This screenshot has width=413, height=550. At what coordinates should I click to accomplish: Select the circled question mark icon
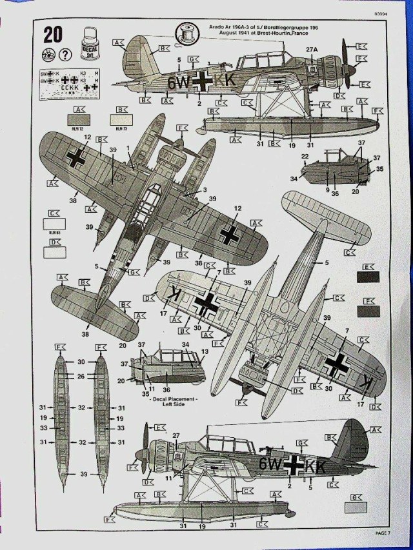(64, 55)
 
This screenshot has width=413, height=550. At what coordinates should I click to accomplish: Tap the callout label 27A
(312, 50)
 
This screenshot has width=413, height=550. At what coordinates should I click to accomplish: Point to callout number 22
(304, 156)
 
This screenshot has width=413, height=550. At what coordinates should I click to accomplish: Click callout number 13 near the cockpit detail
(205, 352)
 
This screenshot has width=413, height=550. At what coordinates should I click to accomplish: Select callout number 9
(328, 190)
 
